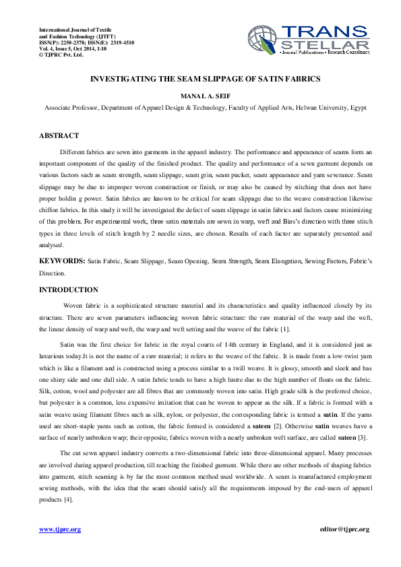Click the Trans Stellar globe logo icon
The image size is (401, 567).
click(x=264, y=40)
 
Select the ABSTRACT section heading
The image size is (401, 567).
click(x=59, y=135)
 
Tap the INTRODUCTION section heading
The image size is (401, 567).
click(x=69, y=290)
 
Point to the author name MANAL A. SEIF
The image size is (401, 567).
click(x=200, y=96)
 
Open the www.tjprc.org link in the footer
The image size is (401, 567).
click(x=60, y=529)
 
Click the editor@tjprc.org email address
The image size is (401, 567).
click(x=344, y=529)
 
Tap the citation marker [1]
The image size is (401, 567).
click(x=285, y=329)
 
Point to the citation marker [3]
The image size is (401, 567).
click(x=362, y=438)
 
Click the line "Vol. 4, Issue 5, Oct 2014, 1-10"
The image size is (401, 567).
click(x=75, y=48)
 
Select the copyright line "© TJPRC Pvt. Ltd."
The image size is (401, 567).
click(x=61, y=55)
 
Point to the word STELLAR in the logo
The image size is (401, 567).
click(x=326, y=44)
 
